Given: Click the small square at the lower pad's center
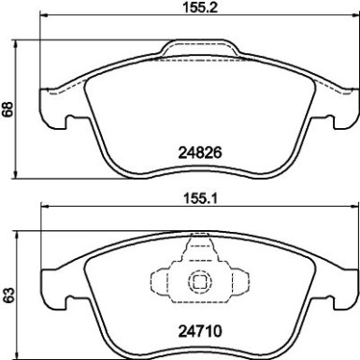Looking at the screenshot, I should click(x=197, y=281).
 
